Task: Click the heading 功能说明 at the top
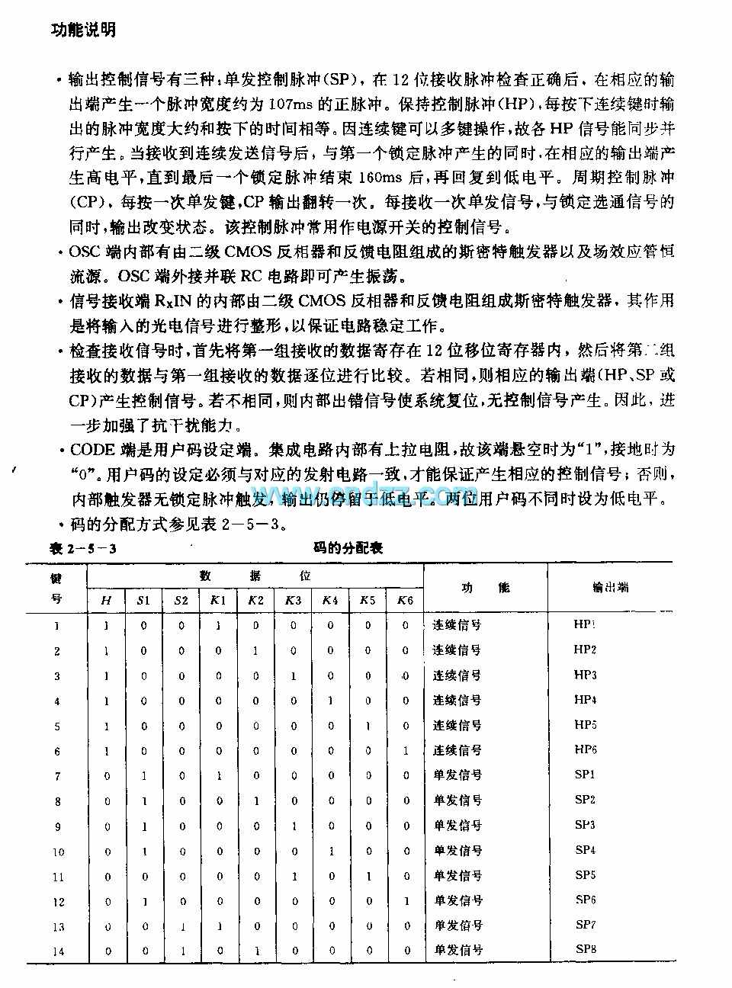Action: tap(83, 30)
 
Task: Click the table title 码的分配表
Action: tap(348, 547)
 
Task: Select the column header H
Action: tap(106, 601)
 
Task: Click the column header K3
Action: tap(293, 601)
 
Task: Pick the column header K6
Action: tap(405, 601)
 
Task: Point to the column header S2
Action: tap(181, 601)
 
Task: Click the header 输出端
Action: tap(610, 588)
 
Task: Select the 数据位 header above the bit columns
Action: tap(255, 576)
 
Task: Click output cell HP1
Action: tap(585, 624)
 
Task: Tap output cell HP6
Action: tap(585, 749)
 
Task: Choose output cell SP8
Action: tap(585, 949)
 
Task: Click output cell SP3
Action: tap(585, 825)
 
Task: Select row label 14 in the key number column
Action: tap(59, 951)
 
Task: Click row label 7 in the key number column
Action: tap(57, 776)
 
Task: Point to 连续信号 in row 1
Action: tap(457, 625)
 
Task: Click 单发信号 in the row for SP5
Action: tap(457, 876)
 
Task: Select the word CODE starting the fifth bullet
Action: tap(92, 451)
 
